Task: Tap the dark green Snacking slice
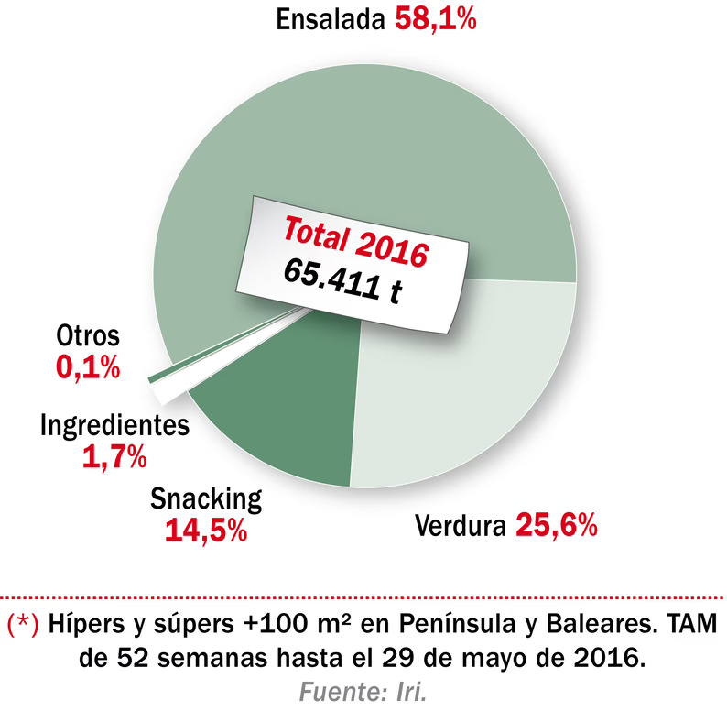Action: (x=284, y=412)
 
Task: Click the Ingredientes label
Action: (x=114, y=426)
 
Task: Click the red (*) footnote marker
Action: (x=23, y=625)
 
